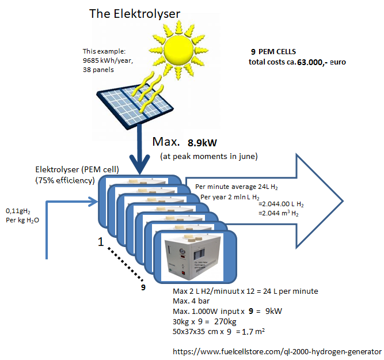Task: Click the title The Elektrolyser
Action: [135, 14]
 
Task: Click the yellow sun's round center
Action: [178, 50]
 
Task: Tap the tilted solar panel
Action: [135, 106]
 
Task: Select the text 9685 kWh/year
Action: [108, 60]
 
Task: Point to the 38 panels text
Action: [98, 70]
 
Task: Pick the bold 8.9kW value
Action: [202, 143]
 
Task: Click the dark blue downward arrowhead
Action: [139, 164]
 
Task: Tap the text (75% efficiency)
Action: [65, 181]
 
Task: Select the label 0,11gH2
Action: [18, 211]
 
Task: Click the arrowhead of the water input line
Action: [94, 202]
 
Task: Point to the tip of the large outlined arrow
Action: [343, 201]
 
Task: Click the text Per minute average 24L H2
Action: [236, 187]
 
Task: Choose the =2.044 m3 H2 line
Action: [279, 214]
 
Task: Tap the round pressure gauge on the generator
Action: [182, 251]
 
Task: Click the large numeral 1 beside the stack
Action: [101, 242]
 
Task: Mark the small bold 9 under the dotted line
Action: [143, 287]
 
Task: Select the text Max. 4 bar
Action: [191, 301]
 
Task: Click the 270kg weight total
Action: [225, 321]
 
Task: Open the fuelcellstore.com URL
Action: [277, 352]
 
